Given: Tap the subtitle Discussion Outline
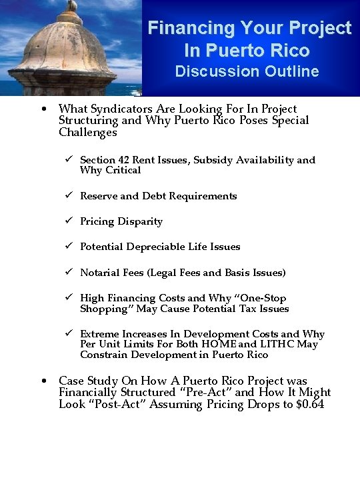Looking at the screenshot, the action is click(247, 71).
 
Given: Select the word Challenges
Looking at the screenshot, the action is click(87, 132).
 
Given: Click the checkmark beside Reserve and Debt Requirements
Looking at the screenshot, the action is click(69, 196).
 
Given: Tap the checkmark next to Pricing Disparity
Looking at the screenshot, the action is click(69, 221).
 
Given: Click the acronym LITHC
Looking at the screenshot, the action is click(277, 344).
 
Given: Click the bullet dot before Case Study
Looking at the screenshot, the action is click(43, 381).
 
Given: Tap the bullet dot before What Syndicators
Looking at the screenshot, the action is click(43, 109).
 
